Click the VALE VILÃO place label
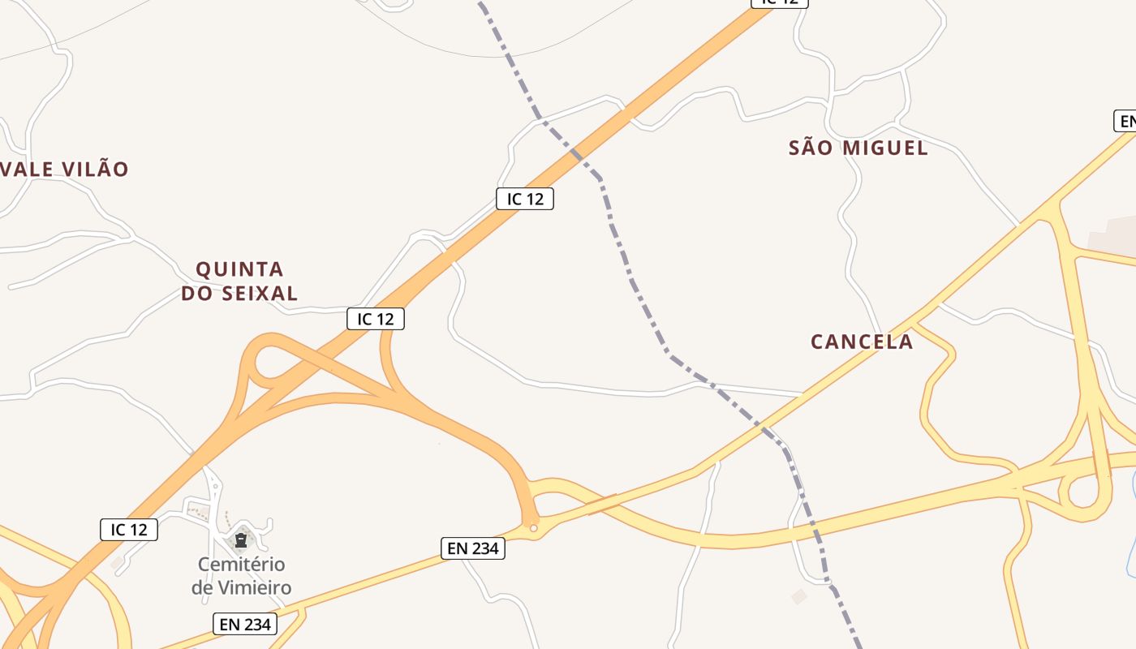click(65, 170)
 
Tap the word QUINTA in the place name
click(239, 269)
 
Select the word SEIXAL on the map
click(259, 293)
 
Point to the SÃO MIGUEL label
click(858, 148)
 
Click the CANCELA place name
click(862, 342)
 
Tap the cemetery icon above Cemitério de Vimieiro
click(240, 539)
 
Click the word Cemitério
click(242, 564)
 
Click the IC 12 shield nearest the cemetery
click(129, 530)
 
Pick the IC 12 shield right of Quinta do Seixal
click(376, 319)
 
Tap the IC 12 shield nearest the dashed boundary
click(525, 199)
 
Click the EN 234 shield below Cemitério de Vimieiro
click(245, 624)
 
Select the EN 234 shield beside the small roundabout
click(473, 548)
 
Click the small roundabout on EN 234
click(533, 528)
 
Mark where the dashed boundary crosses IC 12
click(578, 154)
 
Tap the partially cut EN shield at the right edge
click(1125, 122)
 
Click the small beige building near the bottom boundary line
click(799, 596)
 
